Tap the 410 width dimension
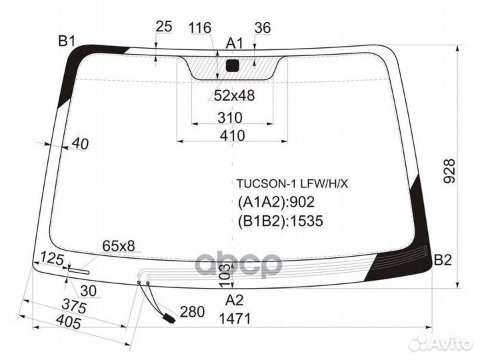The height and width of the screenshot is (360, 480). click(x=231, y=135)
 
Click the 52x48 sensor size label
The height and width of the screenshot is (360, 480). click(x=234, y=96)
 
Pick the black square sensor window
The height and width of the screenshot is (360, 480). click(x=232, y=65)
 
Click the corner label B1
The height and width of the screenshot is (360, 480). click(x=66, y=41)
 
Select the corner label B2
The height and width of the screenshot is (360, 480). click(x=443, y=260)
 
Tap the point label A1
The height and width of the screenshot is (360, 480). click(x=234, y=44)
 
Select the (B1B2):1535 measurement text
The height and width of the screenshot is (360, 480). click(x=280, y=221)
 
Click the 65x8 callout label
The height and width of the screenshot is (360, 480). click(x=118, y=246)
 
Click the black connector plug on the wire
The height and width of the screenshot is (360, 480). click(x=169, y=318)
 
